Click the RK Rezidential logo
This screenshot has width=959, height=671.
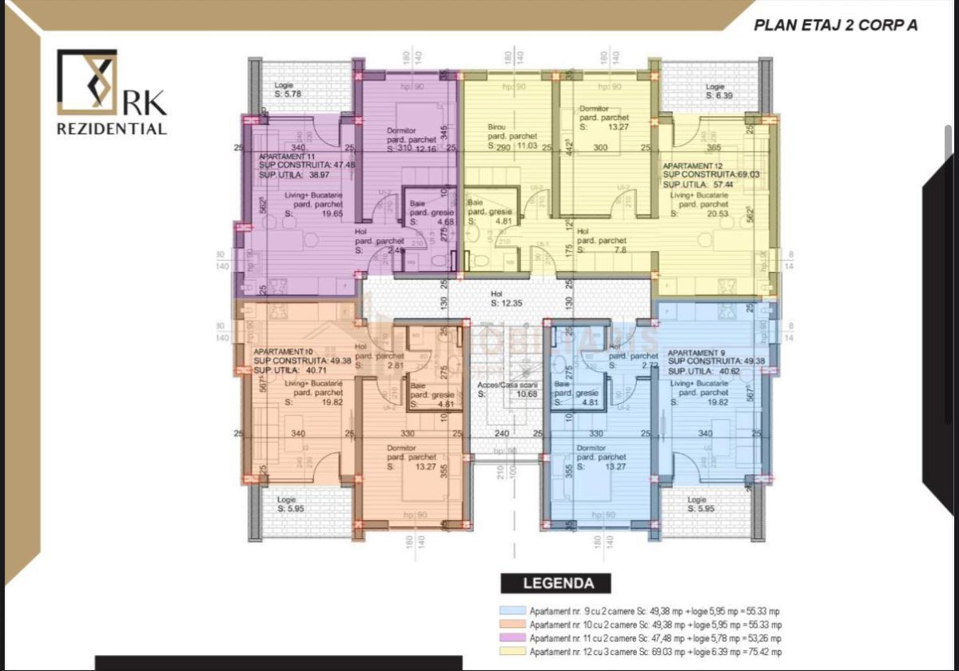point(111,92)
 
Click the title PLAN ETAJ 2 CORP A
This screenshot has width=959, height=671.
point(835,25)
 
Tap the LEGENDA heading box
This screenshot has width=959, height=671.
point(555,584)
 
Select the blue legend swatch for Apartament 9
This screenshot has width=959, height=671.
point(511,611)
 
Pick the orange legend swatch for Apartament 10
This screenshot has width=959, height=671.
point(511,625)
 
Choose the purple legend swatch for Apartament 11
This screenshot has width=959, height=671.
point(511,638)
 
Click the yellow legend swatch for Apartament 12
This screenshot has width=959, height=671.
point(511,652)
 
